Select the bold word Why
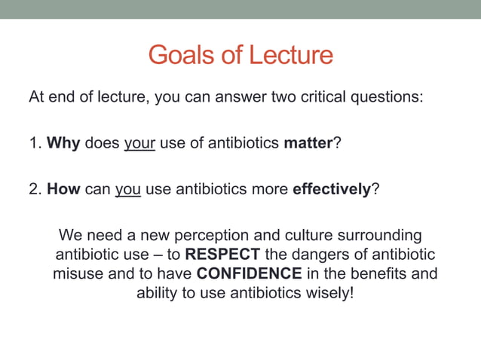63,143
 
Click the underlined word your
139,143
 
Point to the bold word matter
308,143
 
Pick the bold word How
64,189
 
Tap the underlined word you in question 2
128,189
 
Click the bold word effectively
331,189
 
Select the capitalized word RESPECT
222,254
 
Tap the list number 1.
34,143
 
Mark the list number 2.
34,189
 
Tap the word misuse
78,273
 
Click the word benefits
381,273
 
